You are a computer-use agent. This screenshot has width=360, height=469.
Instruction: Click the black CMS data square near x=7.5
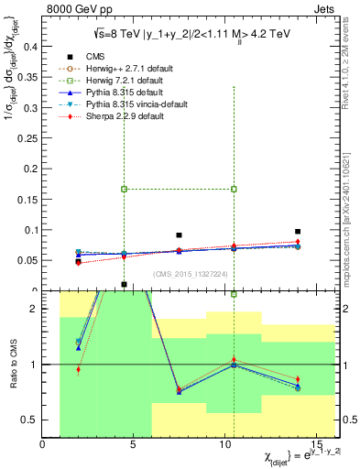180,235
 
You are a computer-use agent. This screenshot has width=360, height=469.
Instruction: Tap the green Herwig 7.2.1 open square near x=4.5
125,189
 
